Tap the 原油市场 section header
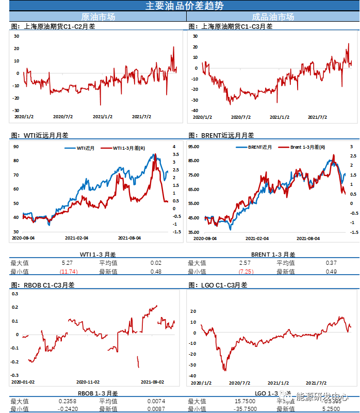pos(99,17)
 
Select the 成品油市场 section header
pos(273,17)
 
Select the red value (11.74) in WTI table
pos(68,272)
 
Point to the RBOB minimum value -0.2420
pos(67,408)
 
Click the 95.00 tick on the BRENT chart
pos(193,147)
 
